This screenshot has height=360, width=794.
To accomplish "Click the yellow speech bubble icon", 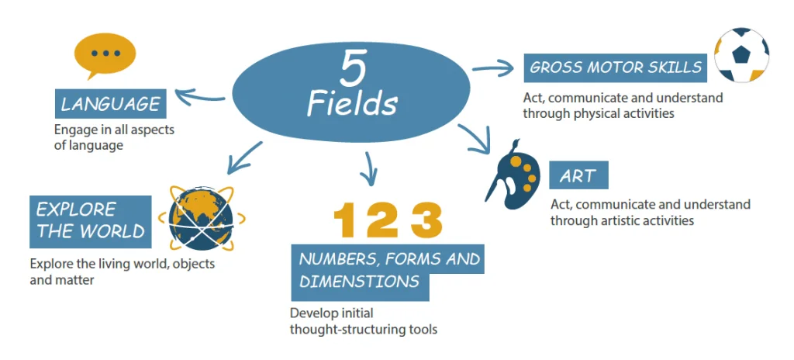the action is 105,55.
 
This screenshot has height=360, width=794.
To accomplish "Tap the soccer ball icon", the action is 741,55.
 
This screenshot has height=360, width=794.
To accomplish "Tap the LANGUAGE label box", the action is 110,104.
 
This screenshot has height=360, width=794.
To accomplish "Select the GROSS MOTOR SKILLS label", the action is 615,67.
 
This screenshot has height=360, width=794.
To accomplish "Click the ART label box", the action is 578,175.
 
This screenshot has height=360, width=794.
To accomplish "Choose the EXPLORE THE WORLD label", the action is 90,222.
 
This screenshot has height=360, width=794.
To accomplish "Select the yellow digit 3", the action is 426,220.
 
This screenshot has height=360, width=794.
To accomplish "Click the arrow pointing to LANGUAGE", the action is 200,96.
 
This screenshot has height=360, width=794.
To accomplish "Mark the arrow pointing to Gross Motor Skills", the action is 494,67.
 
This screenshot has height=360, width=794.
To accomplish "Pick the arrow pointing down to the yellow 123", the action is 368,168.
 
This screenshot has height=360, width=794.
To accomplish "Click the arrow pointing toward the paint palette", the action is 476,138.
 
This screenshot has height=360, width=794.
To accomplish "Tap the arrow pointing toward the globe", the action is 244,157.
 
